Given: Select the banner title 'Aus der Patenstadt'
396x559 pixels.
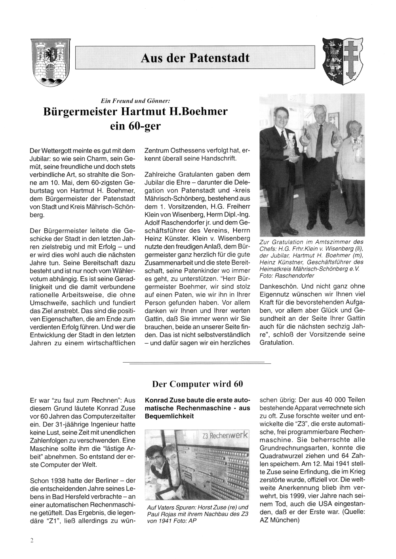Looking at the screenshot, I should [195, 58].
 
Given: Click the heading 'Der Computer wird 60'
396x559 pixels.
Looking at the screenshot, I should [197, 384].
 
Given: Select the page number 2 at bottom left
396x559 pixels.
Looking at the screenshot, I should [32, 541].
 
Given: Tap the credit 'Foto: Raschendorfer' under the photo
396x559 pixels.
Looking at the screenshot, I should [287, 275].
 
